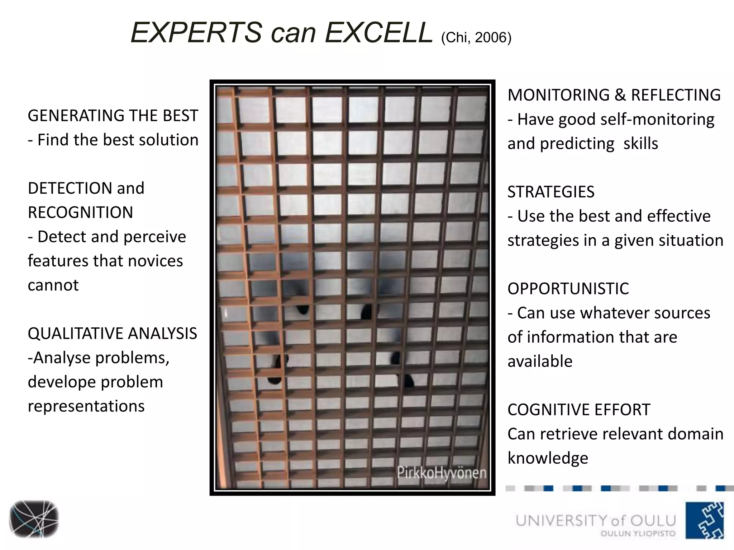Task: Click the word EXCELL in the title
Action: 378,33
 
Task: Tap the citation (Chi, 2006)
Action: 476,38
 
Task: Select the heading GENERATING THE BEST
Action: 113,116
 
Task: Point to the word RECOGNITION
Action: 80,212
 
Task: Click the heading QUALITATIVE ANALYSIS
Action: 112,333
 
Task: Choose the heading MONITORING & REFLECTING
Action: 614,95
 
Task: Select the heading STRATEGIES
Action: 551,192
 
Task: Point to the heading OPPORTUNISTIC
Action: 568,289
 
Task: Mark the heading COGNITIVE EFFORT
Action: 578,410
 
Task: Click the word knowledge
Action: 548,458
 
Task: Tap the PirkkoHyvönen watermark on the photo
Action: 441,473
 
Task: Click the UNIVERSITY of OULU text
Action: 595,520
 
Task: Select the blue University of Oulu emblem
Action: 705,520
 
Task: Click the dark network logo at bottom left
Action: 34,519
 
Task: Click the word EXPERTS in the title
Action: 196,33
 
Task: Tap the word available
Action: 540,361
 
